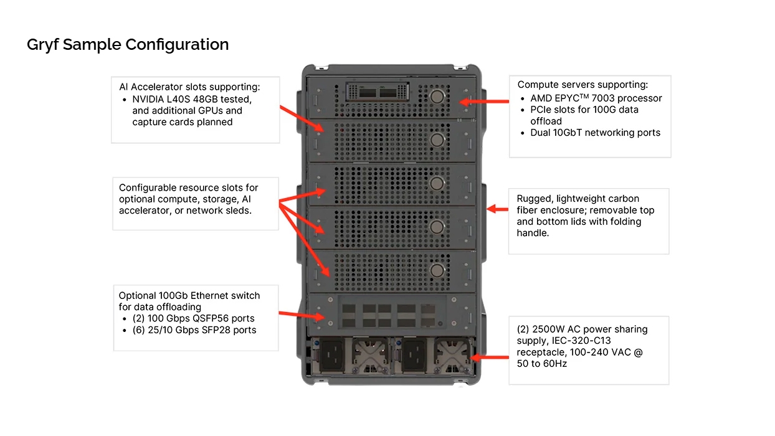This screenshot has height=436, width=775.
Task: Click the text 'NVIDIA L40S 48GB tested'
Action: pyautogui.click(x=192, y=99)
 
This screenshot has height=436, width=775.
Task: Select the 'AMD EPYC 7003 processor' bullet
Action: pyautogui.click(x=596, y=98)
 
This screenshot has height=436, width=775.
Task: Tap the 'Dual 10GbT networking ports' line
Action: pyautogui.click(x=595, y=133)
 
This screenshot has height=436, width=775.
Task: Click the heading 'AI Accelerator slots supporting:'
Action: pyautogui.click(x=189, y=87)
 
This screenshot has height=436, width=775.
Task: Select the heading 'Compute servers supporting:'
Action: pyautogui.click(x=582, y=85)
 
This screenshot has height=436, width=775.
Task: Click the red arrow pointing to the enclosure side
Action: pyautogui.click(x=497, y=209)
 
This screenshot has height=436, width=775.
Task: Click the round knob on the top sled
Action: pyautogui.click(x=437, y=95)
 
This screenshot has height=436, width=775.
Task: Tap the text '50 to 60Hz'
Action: pyautogui.click(x=541, y=364)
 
